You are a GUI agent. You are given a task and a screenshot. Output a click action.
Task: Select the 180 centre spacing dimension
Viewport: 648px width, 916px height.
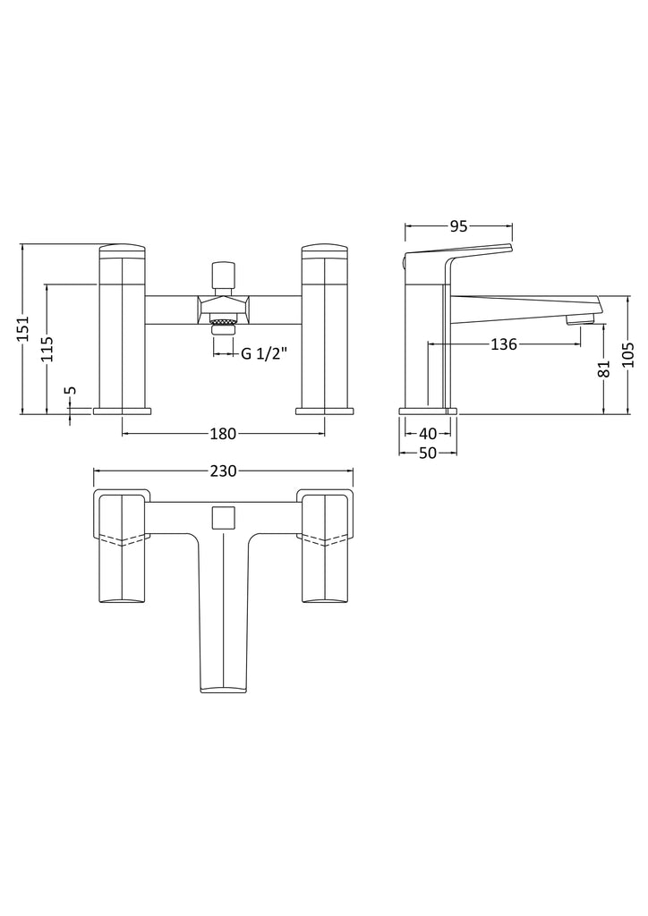coord(222,434)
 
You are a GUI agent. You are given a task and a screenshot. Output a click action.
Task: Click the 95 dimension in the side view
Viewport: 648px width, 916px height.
coord(458,226)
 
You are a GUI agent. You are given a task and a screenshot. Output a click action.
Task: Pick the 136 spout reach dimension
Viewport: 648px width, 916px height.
coord(504,344)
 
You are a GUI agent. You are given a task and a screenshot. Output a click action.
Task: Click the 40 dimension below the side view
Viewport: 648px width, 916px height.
coord(428,434)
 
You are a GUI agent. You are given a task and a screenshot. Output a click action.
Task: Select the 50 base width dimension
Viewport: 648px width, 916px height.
coord(428,454)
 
